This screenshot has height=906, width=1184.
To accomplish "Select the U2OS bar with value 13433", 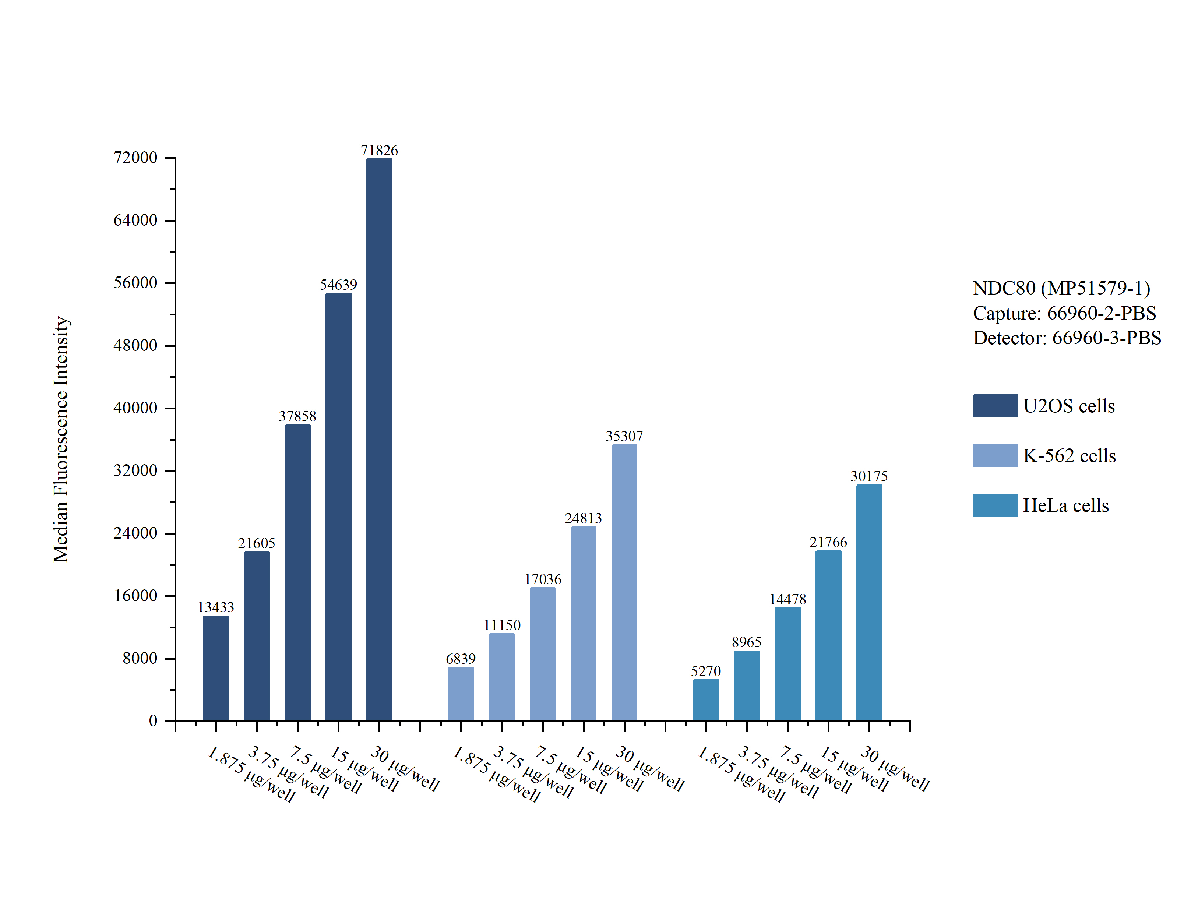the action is coord(216,668).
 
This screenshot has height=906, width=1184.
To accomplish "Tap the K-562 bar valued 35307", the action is coord(624,582).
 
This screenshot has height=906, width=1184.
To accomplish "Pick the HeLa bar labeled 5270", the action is coord(705,699).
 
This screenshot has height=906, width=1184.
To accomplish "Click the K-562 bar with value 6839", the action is coord(461,694).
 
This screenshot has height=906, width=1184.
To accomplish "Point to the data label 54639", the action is coord(338,284).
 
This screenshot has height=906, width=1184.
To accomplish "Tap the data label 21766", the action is coord(828,542).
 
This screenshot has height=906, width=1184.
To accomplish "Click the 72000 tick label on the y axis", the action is coord(135,158).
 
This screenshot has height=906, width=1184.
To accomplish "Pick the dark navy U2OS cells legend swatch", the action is coord(995,406).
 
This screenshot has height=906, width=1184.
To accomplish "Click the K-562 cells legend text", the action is coord(1069,456).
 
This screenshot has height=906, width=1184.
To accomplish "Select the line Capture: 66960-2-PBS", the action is coord(1064,313).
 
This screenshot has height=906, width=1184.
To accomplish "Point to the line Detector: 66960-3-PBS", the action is coord(1067,338).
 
